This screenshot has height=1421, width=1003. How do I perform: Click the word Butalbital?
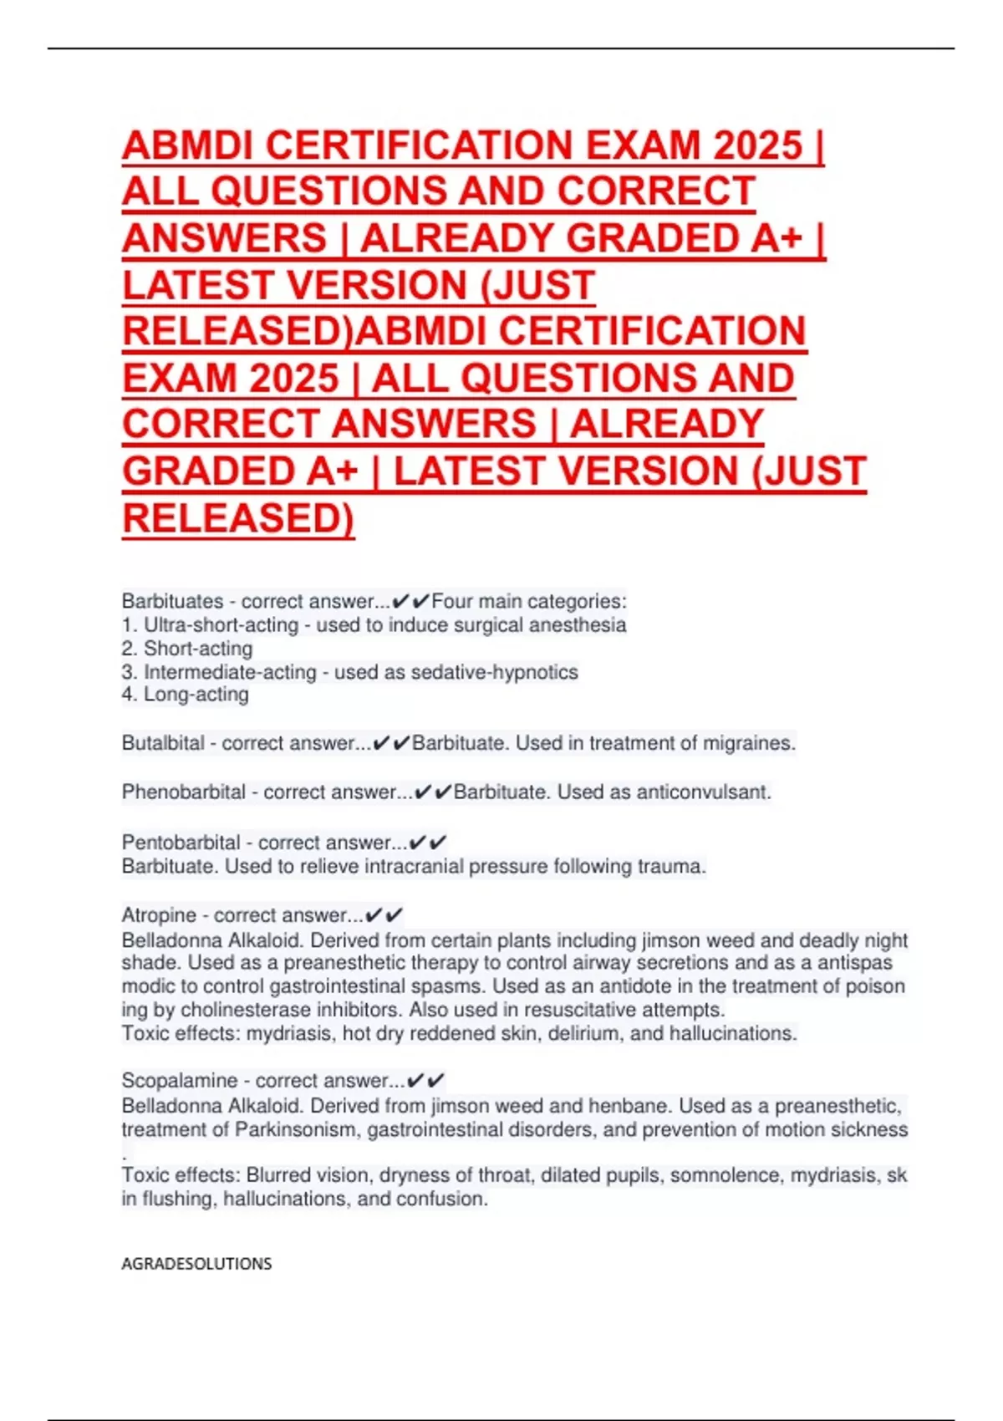pyautogui.click(x=163, y=743)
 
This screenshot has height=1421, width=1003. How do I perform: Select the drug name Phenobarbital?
pyautogui.click(x=183, y=792)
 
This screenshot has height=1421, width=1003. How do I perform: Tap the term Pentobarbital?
pyautogui.click(x=181, y=842)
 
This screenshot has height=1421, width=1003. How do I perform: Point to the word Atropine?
pyautogui.click(x=159, y=915)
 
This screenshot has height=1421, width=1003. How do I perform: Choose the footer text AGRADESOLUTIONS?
pyautogui.click(x=196, y=1264)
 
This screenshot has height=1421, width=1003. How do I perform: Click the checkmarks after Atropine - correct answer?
pyautogui.click(x=385, y=915)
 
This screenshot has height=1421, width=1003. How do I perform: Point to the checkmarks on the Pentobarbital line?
pyautogui.click(x=428, y=842)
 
